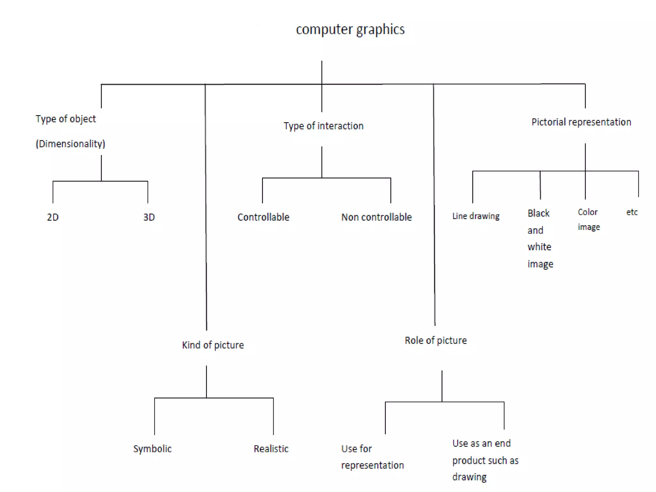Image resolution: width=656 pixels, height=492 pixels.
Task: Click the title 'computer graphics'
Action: click(x=350, y=29)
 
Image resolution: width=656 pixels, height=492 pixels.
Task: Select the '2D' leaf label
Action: click(x=53, y=217)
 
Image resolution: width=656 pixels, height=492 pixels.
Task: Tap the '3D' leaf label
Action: click(x=149, y=217)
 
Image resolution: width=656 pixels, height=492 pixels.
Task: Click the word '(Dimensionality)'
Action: click(x=70, y=143)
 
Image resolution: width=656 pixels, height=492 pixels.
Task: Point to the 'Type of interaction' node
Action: click(x=324, y=126)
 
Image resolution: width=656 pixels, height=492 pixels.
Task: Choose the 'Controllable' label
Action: click(x=263, y=217)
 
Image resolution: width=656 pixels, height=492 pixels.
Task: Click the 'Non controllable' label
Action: click(x=376, y=217)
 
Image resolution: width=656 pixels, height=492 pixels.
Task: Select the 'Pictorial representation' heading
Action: click(x=581, y=122)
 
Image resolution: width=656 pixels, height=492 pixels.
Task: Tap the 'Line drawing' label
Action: click(x=476, y=216)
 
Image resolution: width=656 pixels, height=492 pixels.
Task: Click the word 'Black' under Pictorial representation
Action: click(x=538, y=213)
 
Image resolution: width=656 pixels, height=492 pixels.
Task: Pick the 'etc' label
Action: click(x=632, y=212)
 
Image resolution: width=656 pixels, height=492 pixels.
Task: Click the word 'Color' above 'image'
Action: click(x=587, y=212)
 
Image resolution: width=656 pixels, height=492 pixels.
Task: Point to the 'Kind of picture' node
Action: click(x=213, y=345)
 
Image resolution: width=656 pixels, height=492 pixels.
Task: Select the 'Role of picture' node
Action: click(x=436, y=340)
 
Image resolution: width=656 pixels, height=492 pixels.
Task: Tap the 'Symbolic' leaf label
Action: click(x=152, y=448)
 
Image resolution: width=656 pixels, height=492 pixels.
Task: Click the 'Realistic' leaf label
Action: click(x=271, y=448)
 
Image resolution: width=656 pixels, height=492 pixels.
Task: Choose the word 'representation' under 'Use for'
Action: click(x=373, y=465)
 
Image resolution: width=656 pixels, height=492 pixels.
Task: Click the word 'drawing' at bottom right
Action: click(x=469, y=477)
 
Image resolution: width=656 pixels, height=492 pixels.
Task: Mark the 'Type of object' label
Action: click(x=66, y=119)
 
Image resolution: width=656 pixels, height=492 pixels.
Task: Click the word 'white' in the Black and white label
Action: click(x=539, y=247)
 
